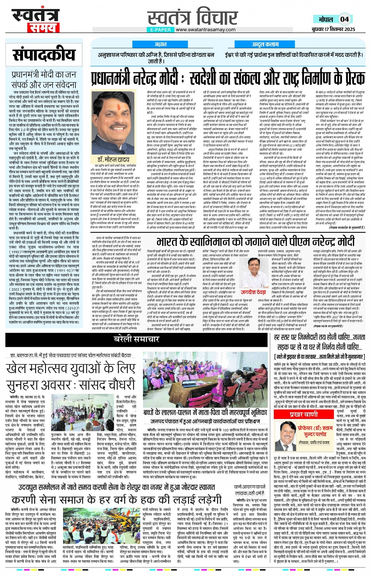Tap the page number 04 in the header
coord(344,19)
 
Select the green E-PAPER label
coord(160,30)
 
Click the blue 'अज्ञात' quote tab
coord(160,45)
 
